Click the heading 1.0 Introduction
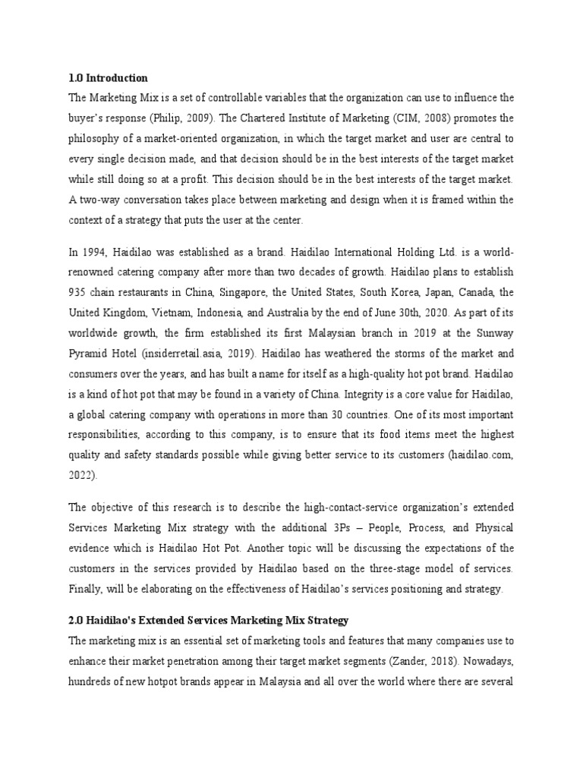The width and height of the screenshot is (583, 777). [x=108, y=78]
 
